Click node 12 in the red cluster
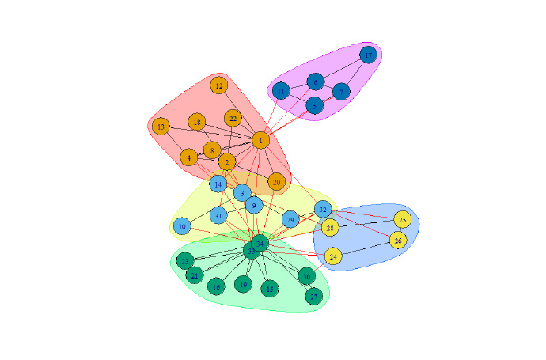[219, 85]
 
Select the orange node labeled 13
[161, 127]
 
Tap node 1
[260, 141]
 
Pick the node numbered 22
[232, 119]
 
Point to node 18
[197, 122]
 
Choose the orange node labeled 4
[189, 157]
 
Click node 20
[276, 182]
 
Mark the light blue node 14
[218, 184]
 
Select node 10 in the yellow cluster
[182, 226]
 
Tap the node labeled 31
[219, 215]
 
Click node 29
[290, 219]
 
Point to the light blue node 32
[323, 209]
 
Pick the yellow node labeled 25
[403, 219]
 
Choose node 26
[398, 240]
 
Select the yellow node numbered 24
[334, 256]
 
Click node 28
[331, 229]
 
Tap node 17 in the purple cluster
[368, 55]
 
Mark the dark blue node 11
[281, 92]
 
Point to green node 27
[315, 297]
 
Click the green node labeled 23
[185, 260]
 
